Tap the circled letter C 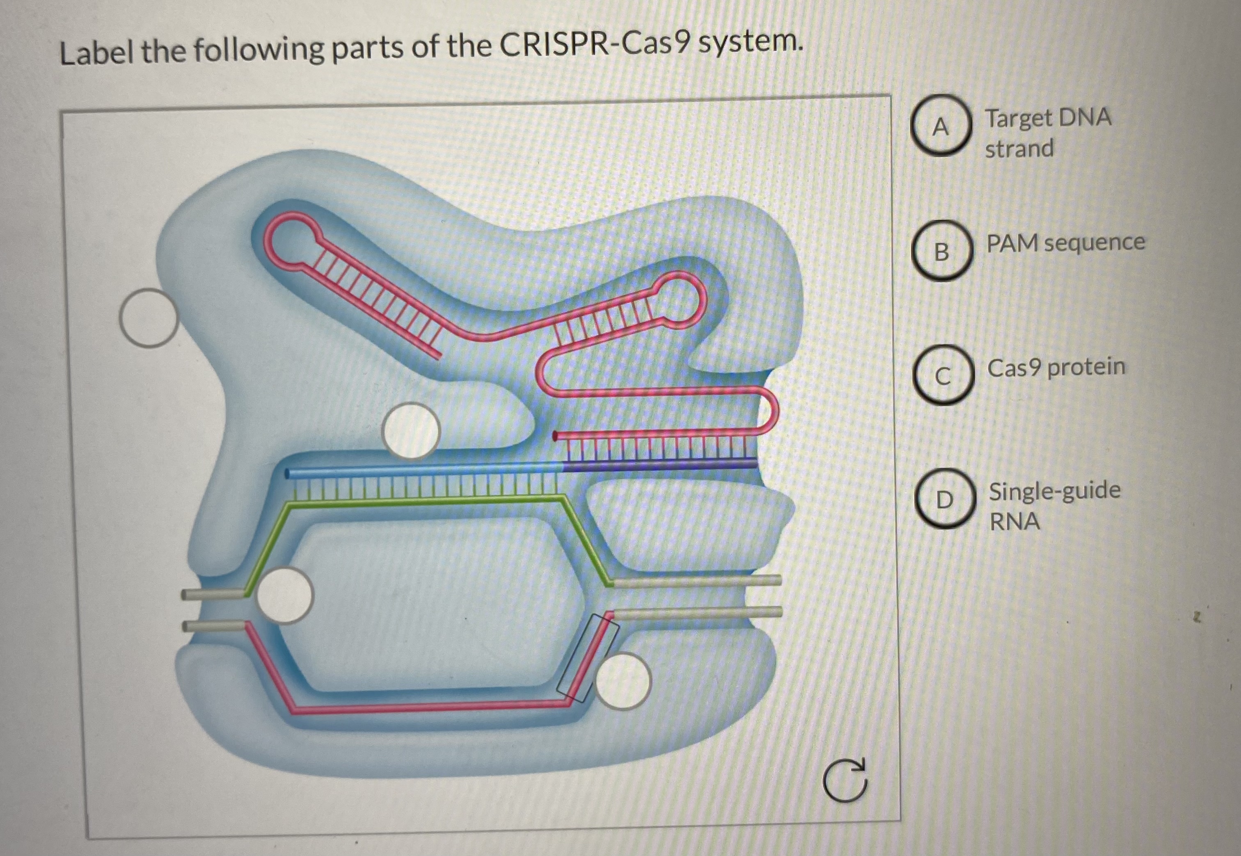pos(943,375)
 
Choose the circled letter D pos(944,500)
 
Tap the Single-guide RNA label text pos(1053,505)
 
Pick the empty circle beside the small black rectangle pos(622,681)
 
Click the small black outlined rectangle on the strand pos(588,658)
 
